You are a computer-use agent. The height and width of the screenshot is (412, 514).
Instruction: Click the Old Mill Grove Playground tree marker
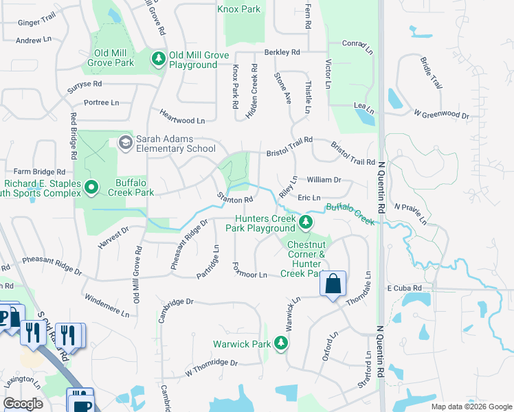(159, 60)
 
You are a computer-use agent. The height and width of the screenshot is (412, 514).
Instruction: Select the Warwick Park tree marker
(280, 343)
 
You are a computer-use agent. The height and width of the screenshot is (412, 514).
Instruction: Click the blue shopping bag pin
(333, 284)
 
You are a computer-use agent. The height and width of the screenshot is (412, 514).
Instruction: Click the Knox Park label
(238, 9)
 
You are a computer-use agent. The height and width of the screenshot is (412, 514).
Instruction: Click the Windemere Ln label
(107, 306)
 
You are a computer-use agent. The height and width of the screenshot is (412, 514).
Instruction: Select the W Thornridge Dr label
(211, 368)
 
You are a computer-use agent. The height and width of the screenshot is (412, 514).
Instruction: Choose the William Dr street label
(324, 180)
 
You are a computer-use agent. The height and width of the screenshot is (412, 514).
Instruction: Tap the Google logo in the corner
(23, 403)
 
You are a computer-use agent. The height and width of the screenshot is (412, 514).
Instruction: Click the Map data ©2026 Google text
(471, 407)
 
